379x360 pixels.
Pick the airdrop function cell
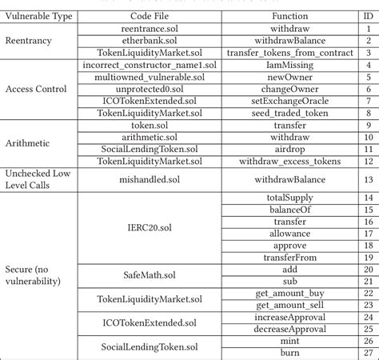290,150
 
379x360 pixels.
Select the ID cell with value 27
367,354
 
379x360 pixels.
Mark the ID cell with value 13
367,180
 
